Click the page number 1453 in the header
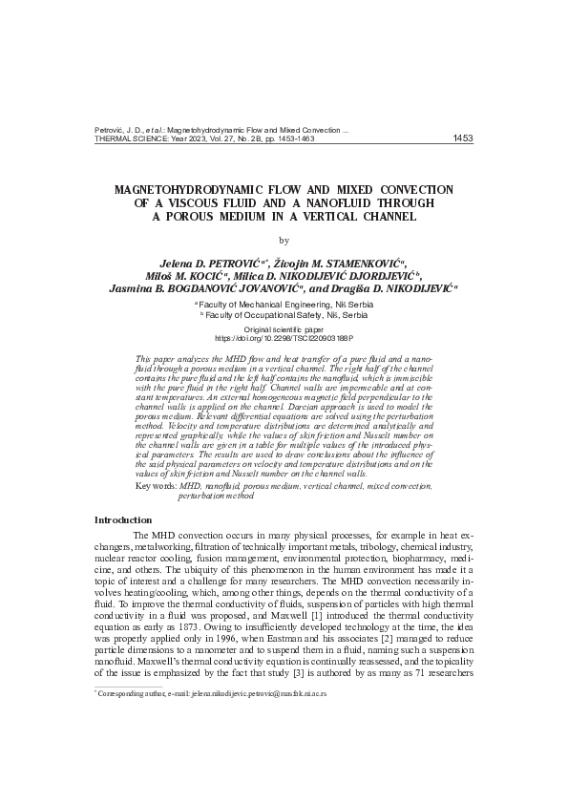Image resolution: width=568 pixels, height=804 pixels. point(461,138)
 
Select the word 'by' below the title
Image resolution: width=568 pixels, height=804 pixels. point(284,240)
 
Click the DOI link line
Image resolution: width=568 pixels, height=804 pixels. point(284,338)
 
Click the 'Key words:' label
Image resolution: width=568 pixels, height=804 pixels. point(156,486)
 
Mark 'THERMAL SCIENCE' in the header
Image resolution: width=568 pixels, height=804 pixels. point(131,138)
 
